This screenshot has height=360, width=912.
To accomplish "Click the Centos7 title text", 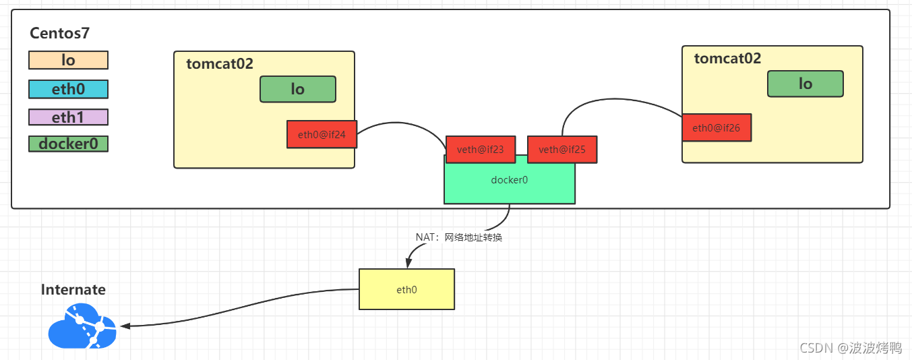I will coord(60,32).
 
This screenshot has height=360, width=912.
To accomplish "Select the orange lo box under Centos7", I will coord(68,60).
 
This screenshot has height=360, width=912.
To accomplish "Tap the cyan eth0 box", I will coord(68,89).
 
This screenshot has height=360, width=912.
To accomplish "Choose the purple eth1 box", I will coord(68,117).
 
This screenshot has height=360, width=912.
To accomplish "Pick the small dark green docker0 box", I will coord(68,144).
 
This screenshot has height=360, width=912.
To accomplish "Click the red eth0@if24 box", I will coord(322,134).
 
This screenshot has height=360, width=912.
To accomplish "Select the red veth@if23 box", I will coord(481,149).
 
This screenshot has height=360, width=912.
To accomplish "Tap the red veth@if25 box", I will coord(561,149).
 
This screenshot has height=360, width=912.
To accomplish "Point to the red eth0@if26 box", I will coord(716,127).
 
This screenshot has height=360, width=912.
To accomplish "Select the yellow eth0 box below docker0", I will coord(406,289).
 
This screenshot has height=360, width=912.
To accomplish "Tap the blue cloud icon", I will coord(82,326).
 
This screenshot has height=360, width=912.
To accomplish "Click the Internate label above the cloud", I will coord(73,289).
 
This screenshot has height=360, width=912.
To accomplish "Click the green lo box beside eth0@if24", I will coord(297,89).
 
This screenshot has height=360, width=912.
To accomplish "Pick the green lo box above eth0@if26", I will coord(805,84).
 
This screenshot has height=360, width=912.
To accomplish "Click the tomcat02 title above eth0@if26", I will coord(727,59).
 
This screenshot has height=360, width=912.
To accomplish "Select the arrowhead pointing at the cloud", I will coord(125,326).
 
